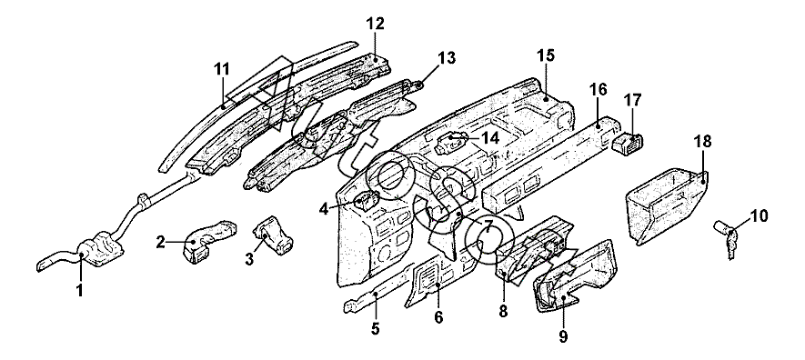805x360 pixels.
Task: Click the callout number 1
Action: point(79,291)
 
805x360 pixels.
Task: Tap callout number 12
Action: point(376,24)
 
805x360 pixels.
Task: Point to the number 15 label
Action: point(547,55)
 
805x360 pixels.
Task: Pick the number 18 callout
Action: point(703,142)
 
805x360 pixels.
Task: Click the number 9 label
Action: point(563,336)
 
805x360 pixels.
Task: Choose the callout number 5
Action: point(376,329)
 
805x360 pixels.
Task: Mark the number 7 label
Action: point(488,225)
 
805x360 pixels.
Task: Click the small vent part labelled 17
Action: point(629,142)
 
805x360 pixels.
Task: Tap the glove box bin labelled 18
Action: point(665,205)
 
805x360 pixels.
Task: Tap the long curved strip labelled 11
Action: point(257,105)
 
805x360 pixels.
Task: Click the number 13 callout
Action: point(447,58)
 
